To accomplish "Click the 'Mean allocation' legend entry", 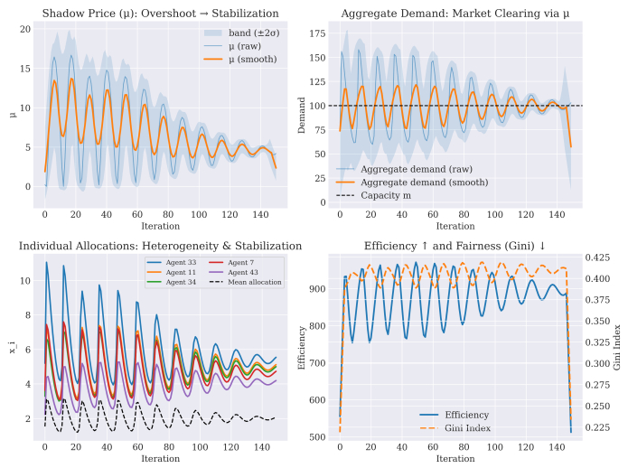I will (x=255, y=282).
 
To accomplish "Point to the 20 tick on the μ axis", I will (x=25, y=29).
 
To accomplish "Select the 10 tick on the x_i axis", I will (x=25, y=281).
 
